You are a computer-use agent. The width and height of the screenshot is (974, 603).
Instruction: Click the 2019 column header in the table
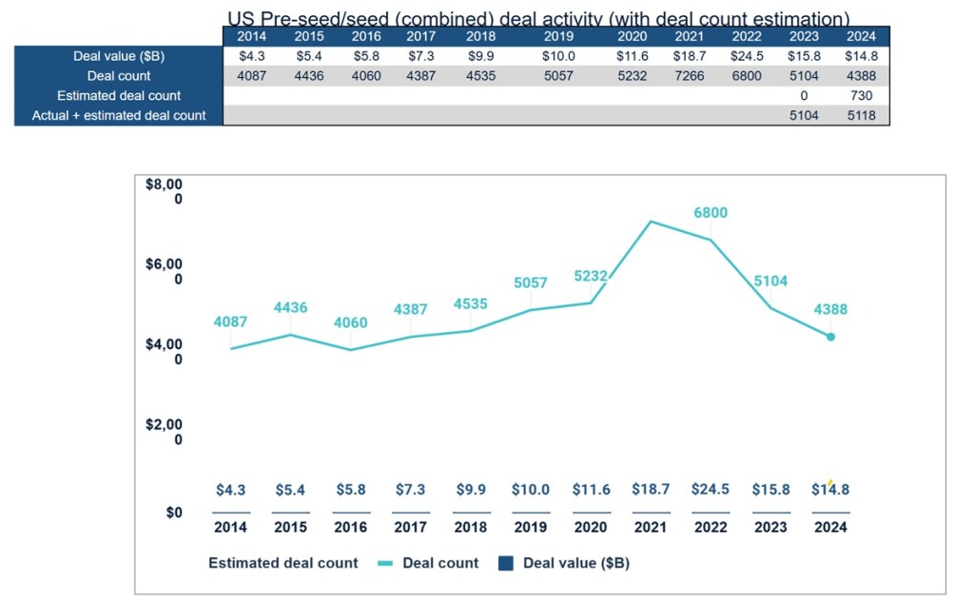pyautogui.click(x=557, y=37)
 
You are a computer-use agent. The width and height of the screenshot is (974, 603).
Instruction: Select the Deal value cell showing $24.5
pyautogui.click(x=748, y=56)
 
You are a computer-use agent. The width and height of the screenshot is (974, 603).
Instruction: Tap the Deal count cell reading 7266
pyautogui.click(x=688, y=76)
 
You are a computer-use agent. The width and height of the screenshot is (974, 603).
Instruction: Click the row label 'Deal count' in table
pyautogui.click(x=119, y=76)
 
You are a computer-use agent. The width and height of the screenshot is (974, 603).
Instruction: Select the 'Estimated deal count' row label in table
pyautogui.click(x=119, y=96)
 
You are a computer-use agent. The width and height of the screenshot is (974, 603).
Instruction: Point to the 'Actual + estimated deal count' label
pyautogui.click(x=119, y=116)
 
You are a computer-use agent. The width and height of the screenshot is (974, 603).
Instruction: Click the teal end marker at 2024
pyautogui.click(x=830, y=337)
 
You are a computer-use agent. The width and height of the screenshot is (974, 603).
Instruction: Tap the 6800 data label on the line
pyautogui.click(x=711, y=213)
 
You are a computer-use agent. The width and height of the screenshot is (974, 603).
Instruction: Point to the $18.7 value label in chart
pyautogui.click(x=651, y=489)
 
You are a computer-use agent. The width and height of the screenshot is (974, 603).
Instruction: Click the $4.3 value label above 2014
pyautogui.click(x=231, y=489)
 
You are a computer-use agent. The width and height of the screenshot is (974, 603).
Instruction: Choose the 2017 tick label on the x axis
pyautogui.click(x=411, y=527)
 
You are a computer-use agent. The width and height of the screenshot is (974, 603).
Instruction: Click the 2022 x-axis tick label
pyautogui.click(x=711, y=527)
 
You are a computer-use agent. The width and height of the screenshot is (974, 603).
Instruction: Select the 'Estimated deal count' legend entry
pyautogui.click(x=283, y=563)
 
